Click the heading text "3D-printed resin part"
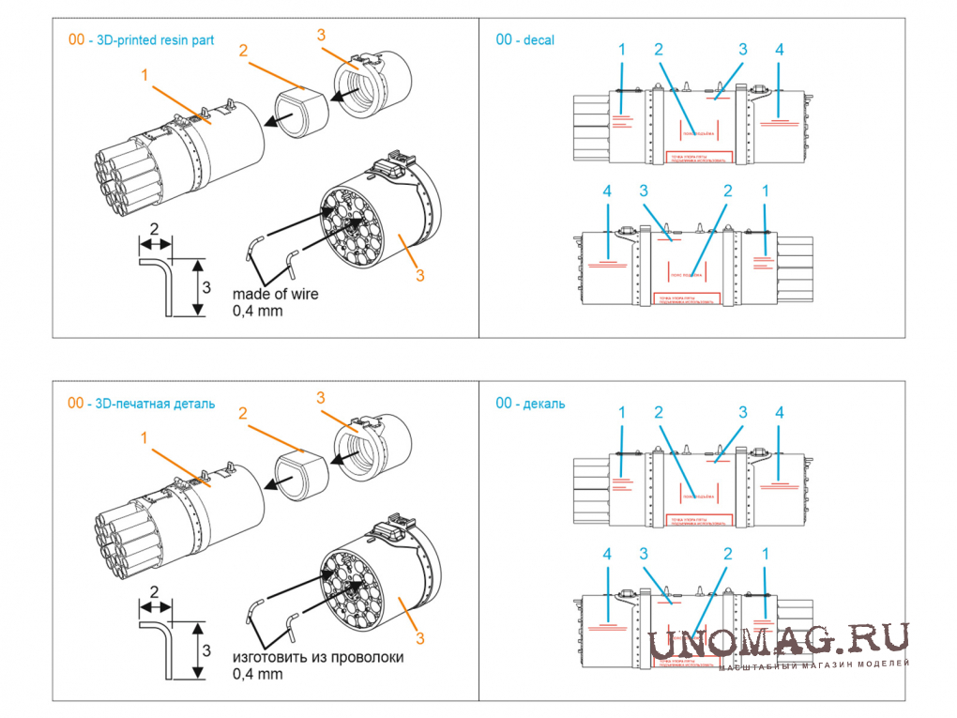pos(156,39)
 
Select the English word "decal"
pos(539,39)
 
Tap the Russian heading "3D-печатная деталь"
pos(156,404)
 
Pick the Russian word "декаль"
pos(544,404)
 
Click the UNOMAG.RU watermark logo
pos(779,640)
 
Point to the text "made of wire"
pos(275,294)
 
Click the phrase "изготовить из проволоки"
pos(318,657)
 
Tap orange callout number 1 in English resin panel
pos(144,73)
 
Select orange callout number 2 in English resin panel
pos(243,51)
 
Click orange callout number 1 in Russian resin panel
pos(144,437)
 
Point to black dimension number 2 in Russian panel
pos(155,591)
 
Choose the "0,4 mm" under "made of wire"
pos(256,311)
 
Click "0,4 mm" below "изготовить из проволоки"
pos(256,674)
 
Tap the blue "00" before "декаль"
pos(504,404)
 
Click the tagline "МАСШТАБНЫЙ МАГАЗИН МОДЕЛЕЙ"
pos(814,665)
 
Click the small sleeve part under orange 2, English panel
pos(300,111)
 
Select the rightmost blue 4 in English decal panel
pos(779,49)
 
